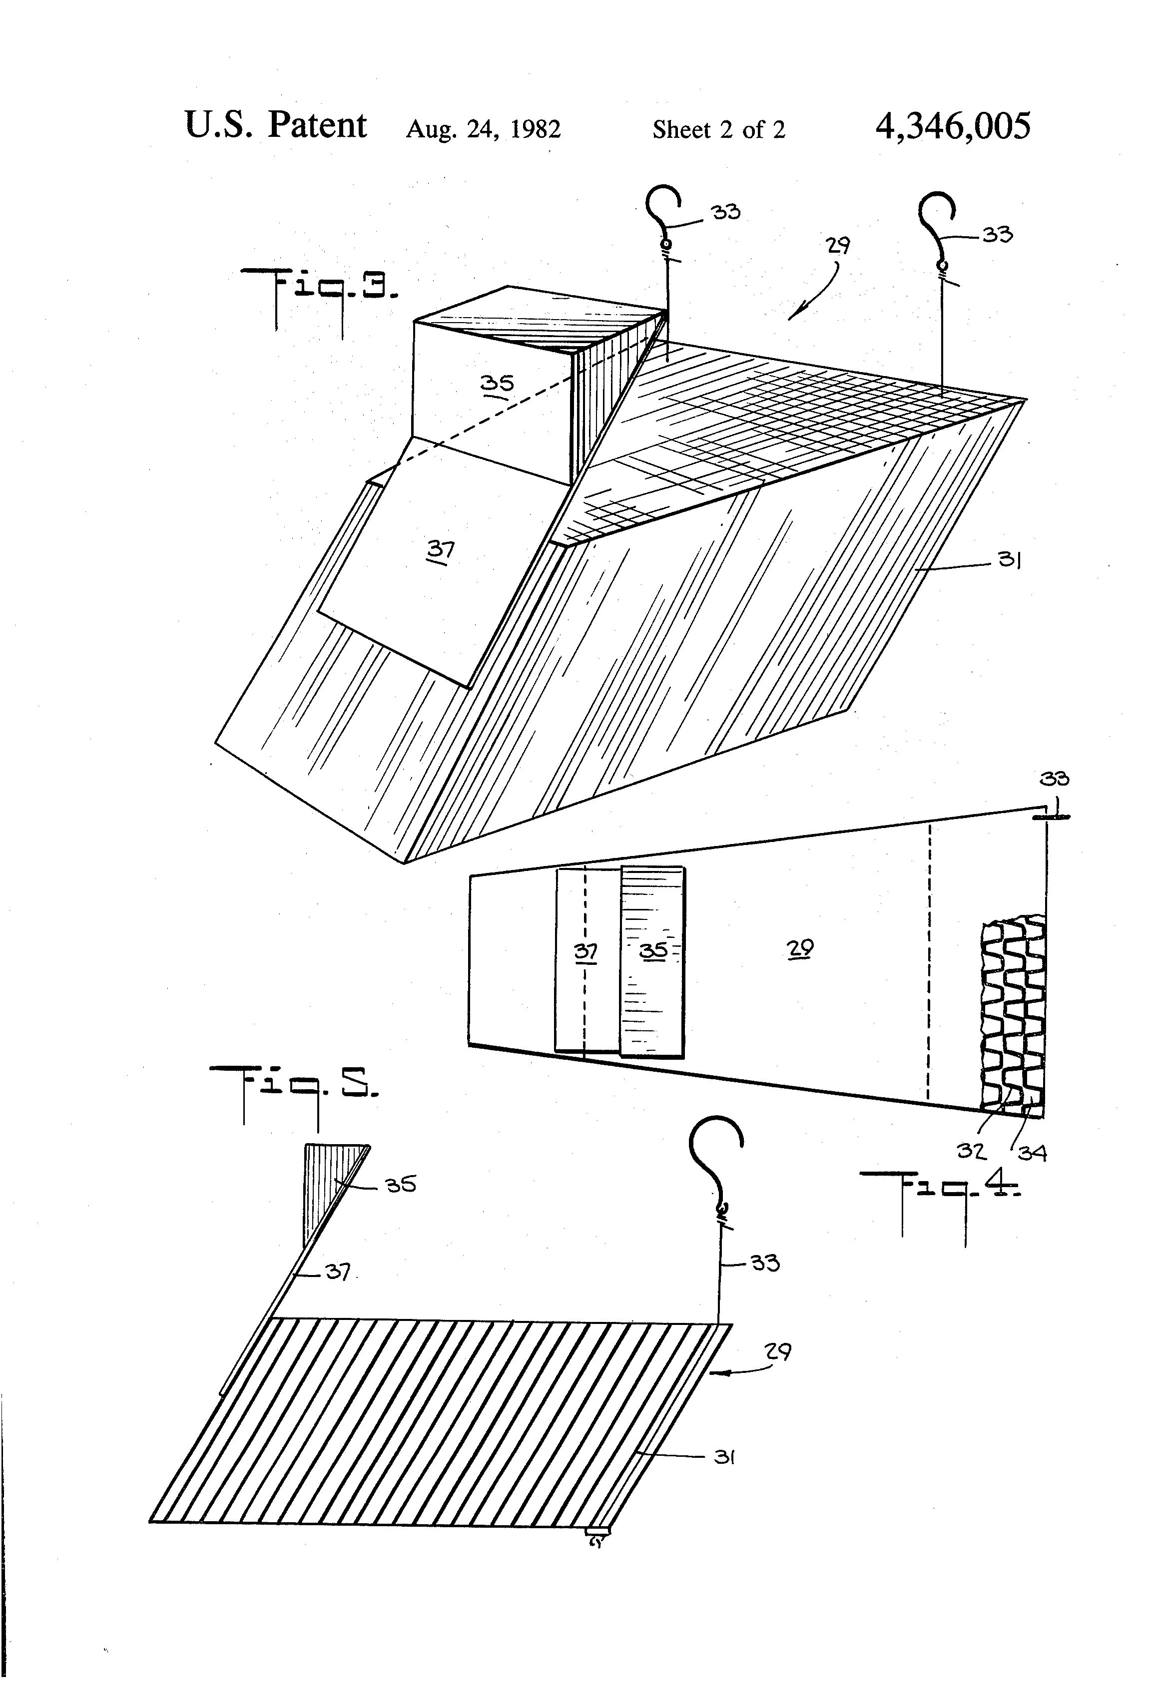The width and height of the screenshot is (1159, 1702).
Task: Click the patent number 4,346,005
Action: click(952, 126)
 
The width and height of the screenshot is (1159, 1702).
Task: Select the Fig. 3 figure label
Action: click(320, 297)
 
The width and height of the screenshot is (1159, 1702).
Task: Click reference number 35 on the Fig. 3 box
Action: click(497, 383)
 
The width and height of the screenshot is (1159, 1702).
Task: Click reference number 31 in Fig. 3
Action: click(1010, 561)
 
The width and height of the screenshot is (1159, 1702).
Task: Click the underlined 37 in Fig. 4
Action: click(585, 951)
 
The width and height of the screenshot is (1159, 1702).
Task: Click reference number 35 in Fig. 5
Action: click(401, 1184)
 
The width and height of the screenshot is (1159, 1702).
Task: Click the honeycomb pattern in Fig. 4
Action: click(1013, 1014)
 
